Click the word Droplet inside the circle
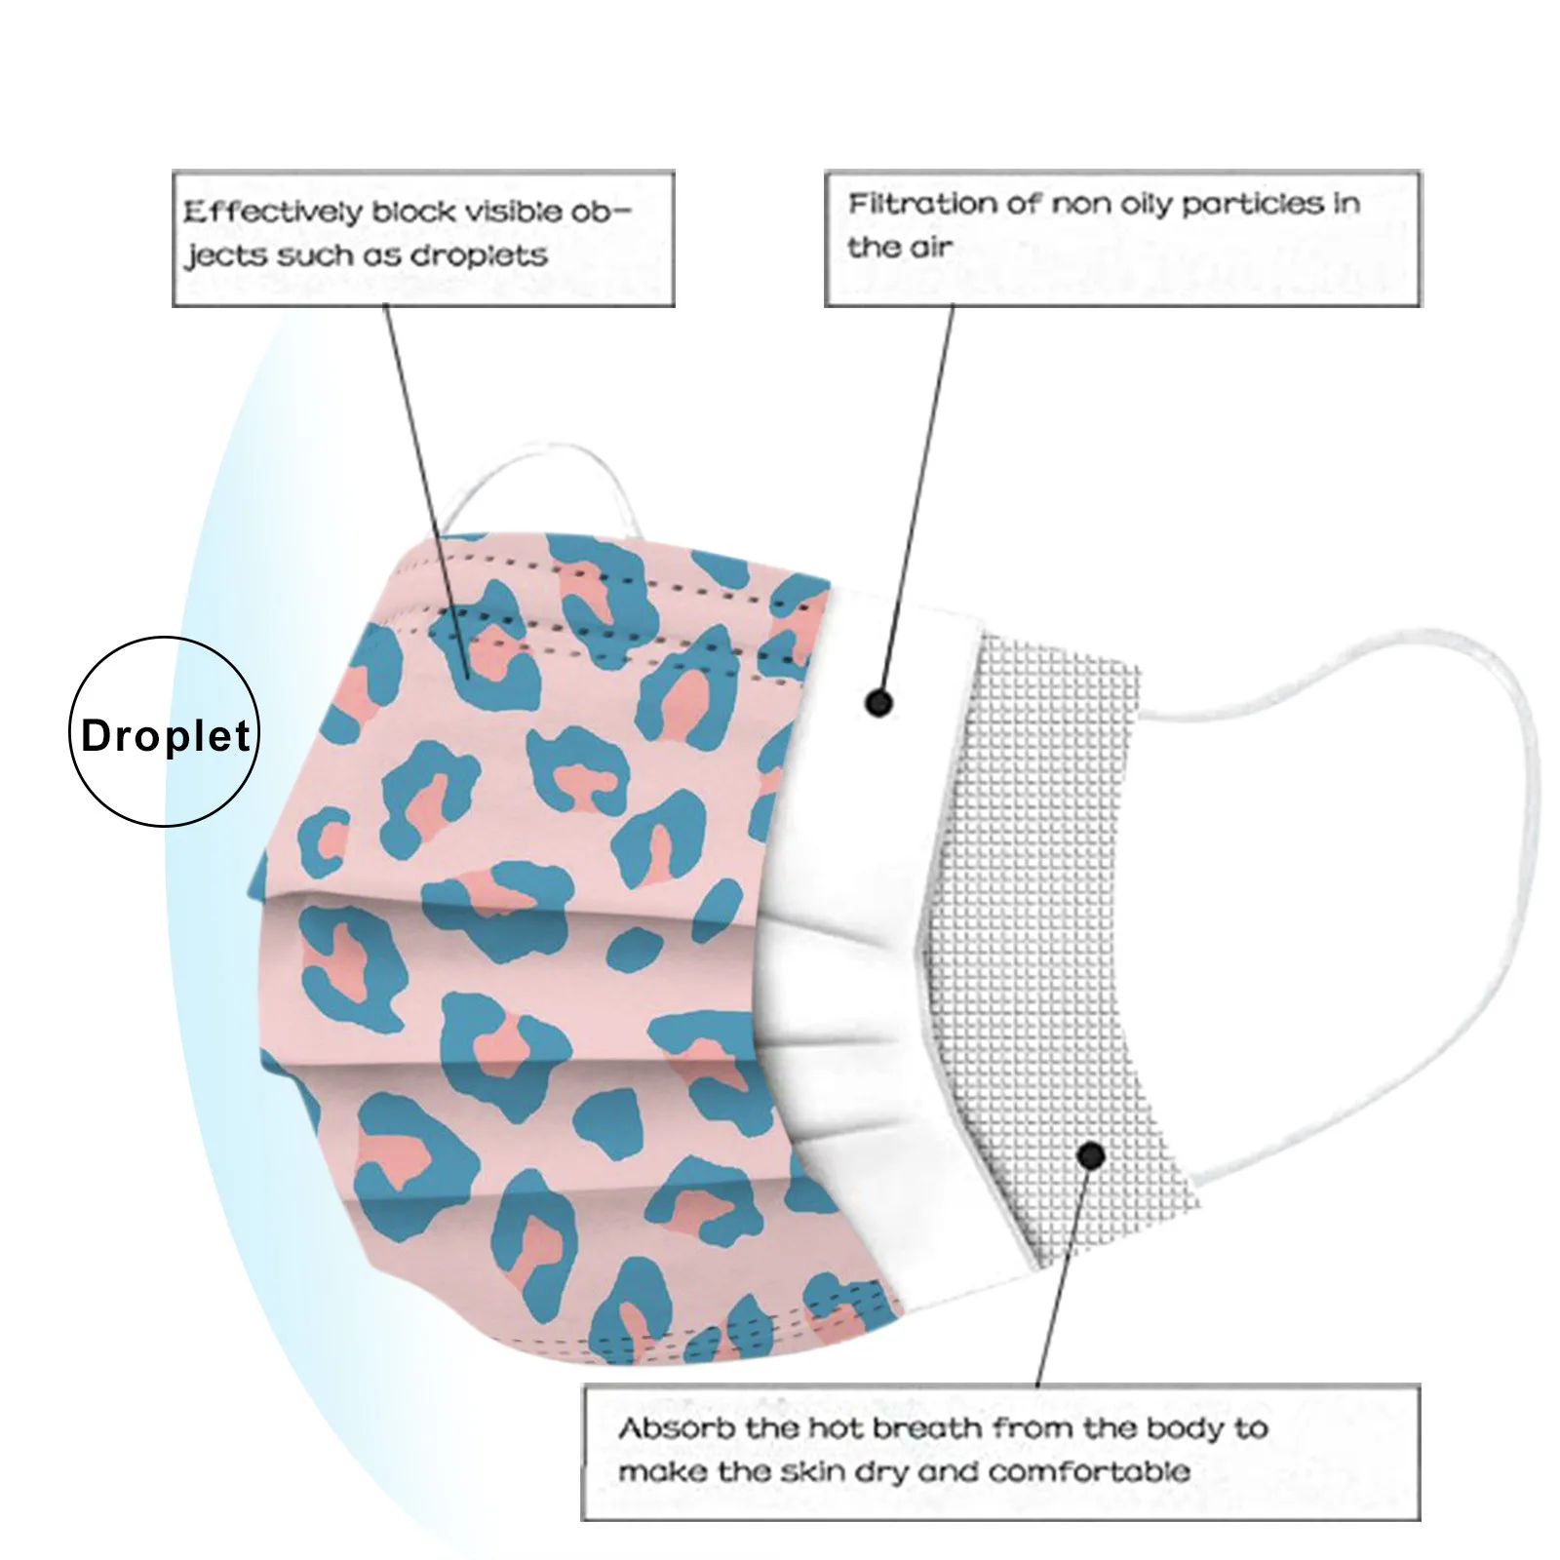point(166,735)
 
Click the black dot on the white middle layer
point(878,702)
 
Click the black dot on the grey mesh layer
point(1092,1156)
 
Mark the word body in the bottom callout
point(1175,1429)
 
